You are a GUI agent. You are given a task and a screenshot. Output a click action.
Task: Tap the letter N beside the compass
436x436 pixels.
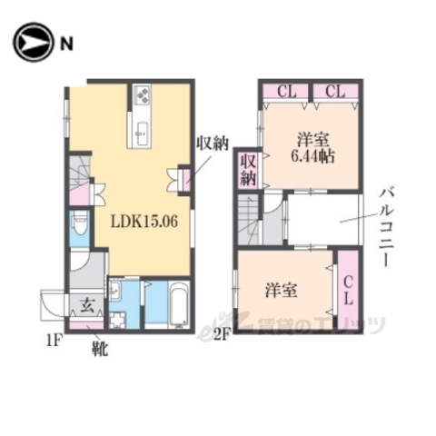point(67,43)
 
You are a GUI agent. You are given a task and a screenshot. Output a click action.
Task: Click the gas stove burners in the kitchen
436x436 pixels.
point(143,94)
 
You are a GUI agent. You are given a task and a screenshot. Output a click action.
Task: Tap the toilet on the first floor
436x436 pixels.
point(79,223)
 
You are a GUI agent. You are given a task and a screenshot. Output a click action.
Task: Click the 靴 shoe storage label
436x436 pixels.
point(99,346)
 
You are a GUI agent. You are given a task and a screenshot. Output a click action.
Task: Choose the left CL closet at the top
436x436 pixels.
point(287,91)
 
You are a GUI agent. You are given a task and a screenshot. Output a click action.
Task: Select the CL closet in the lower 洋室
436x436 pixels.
point(348,292)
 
